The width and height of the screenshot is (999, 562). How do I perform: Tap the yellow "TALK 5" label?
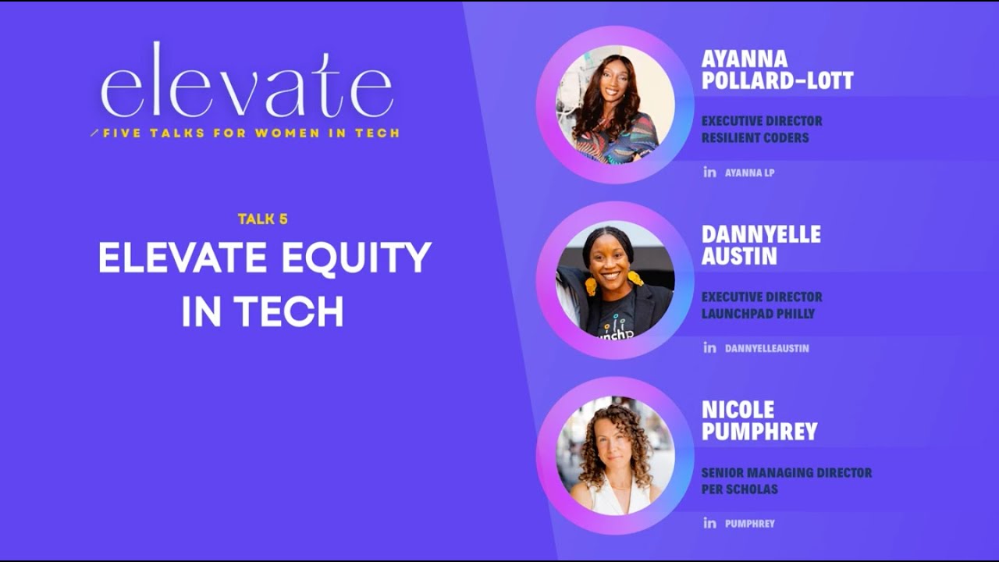[x=263, y=219]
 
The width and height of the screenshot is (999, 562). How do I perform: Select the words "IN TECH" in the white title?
[x=263, y=311]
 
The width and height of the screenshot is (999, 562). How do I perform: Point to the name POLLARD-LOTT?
[x=777, y=80]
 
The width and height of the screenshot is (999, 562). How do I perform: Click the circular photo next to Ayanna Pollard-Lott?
[x=615, y=105]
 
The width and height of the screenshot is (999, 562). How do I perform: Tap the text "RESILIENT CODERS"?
[x=755, y=138]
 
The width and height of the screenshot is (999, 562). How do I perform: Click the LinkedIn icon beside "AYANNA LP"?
[x=709, y=172]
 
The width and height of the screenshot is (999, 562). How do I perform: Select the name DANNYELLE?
[x=761, y=234]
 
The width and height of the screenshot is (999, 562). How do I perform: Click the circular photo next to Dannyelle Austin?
[x=615, y=280]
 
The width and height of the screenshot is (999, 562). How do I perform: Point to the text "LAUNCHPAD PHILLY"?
[x=758, y=314]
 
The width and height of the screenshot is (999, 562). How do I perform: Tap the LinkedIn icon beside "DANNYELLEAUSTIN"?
[x=709, y=347]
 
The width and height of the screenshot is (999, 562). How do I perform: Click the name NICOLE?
[x=738, y=410]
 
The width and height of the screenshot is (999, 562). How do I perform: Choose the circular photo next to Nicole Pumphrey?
[x=615, y=456]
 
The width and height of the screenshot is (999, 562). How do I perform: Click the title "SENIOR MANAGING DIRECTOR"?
[x=787, y=472]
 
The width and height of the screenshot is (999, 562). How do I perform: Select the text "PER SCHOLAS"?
[x=739, y=489]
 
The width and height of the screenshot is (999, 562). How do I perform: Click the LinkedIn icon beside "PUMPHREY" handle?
[x=709, y=523]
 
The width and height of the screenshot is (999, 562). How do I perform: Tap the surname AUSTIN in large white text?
[x=739, y=256]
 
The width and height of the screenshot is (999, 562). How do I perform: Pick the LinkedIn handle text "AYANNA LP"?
[x=749, y=173]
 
